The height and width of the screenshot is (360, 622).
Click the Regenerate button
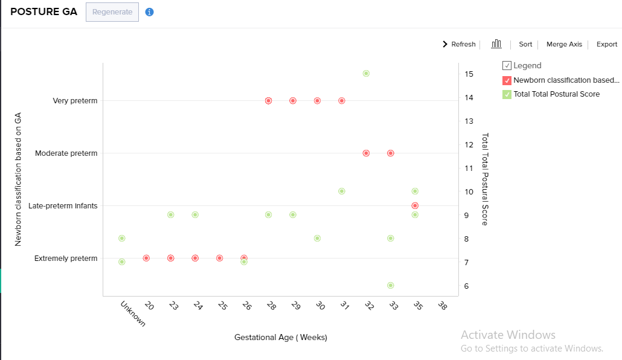click(112, 12)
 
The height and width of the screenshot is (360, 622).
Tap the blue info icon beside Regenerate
click(150, 12)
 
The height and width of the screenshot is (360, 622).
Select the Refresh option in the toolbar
click(460, 44)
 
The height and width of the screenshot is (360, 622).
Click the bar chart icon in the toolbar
click(496, 43)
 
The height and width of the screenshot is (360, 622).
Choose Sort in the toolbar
click(525, 44)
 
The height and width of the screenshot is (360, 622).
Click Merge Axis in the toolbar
click(564, 44)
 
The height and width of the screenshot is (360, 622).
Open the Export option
click(607, 44)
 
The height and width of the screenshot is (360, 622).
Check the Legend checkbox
click(507, 66)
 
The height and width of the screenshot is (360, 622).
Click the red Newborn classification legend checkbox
click(507, 80)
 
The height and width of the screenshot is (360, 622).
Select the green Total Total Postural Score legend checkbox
click(507, 94)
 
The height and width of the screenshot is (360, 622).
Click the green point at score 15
click(366, 74)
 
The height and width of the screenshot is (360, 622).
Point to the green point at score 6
click(391, 285)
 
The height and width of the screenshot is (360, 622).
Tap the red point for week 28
click(268, 101)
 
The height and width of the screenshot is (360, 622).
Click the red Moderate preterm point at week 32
click(366, 153)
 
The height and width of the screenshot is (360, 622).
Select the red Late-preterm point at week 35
click(415, 206)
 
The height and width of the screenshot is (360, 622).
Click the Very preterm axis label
click(75, 101)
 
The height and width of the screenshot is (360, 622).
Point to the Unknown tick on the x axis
click(132, 313)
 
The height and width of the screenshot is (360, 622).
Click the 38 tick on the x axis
click(442, 306)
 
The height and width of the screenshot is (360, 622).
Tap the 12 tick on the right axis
click(469, 144)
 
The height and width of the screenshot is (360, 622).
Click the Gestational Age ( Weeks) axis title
click(281, 338)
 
